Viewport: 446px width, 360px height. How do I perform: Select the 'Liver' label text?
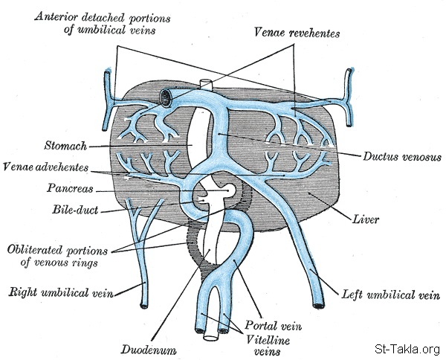(367, 219)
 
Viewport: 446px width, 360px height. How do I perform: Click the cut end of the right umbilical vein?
(143, 303)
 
